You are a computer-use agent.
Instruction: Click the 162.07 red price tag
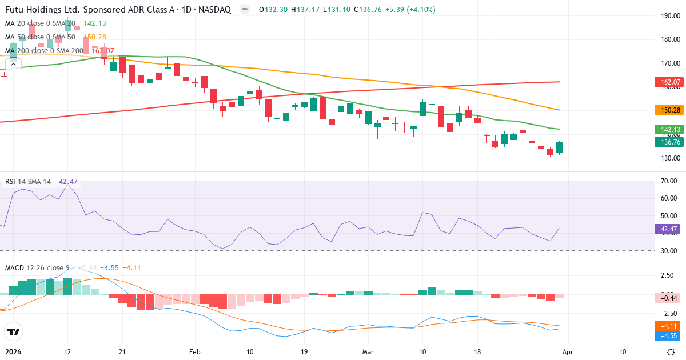(667, 82)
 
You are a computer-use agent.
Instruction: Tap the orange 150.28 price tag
(667, 110)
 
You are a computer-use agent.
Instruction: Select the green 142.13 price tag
(667, 129)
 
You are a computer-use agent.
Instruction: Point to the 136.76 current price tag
(667, 142)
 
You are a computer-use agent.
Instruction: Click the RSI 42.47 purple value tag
(667, 229)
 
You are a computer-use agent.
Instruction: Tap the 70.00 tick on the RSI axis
(669, 181)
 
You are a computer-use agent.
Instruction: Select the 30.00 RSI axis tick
(669, 250)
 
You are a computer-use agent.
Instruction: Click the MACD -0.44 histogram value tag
(667, 298)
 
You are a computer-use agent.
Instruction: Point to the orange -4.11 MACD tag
(667, 326)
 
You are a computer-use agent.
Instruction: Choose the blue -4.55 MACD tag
(667, 336)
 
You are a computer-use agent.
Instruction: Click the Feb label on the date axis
(195, 351)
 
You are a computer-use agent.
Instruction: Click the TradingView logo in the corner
(13, 331)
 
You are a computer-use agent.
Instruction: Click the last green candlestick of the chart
(559, 147)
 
